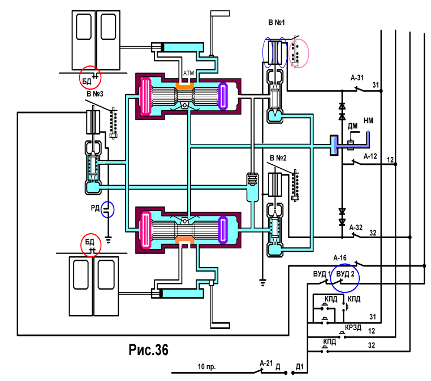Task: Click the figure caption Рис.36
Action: point(148,350)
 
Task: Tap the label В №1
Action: point(277,22)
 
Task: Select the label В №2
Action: point(278,158)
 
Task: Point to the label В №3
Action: point(95,94)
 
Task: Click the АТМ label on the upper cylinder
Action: point(188,73)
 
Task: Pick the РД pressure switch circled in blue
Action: point(107,209)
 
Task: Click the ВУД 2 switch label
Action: point(345,274)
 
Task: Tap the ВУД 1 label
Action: point(322,274)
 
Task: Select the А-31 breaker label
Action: point(357,78)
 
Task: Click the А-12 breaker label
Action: point(370,156)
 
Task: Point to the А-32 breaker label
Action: point(356,227)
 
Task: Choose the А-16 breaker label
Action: point(340,258)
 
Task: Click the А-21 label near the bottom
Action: point(266,363)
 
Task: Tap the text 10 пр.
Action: point(206,367)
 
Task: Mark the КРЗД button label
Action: point(353,327)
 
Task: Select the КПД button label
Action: point(329,342)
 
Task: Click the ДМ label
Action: point(352,126)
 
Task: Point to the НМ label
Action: point(368,120)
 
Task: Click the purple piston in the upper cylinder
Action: point(223,97)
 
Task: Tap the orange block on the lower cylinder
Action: point(184,240)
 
